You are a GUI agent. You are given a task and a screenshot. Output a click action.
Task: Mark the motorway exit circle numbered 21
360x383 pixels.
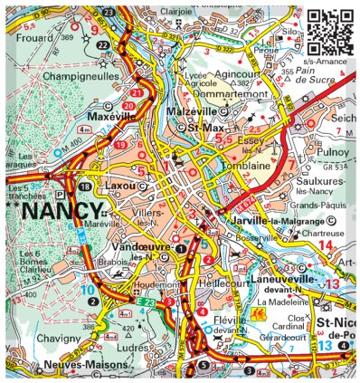point(137,94)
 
